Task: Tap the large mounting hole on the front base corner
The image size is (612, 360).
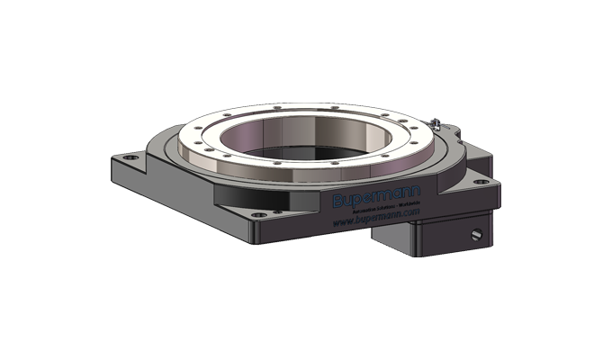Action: tap(262, 215)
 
